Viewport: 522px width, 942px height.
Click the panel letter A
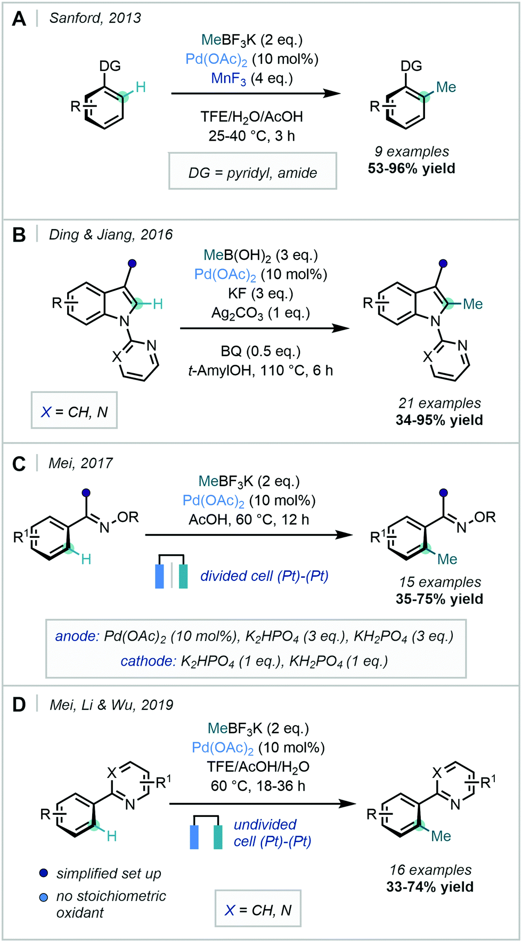click(x=19, y=19)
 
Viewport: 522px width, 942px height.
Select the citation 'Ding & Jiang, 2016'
click(x=111, y=235)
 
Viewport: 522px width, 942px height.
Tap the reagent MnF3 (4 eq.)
click(x=252, y=79)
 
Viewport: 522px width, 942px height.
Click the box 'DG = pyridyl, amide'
click(x=252, y=173)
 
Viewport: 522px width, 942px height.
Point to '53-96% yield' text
click(x=411, y=169)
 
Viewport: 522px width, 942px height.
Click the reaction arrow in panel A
click(x=256, y=94)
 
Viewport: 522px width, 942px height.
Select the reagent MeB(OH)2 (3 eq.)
click(x=260, y=256)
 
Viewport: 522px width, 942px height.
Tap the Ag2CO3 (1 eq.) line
click(x=260, y=313)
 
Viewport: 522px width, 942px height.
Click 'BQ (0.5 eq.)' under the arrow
click(x=260, y=351)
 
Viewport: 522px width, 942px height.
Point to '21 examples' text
click(x=439, y=403)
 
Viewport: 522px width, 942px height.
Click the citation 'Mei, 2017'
click(x=80, y=463)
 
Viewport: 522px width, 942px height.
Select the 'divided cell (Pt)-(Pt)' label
click(x=264, y=576)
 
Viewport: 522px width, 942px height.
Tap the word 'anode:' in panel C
click(x=77, y=636)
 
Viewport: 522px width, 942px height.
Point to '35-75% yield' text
click(x=439, y=599)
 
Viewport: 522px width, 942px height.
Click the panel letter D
click(x=19, y=705)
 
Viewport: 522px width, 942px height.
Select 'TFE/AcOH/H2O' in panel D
click(x=258, y=767)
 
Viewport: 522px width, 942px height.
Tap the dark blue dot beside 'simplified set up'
click(x=44, y=873)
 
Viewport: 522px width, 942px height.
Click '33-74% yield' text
click(x=430, y=887)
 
